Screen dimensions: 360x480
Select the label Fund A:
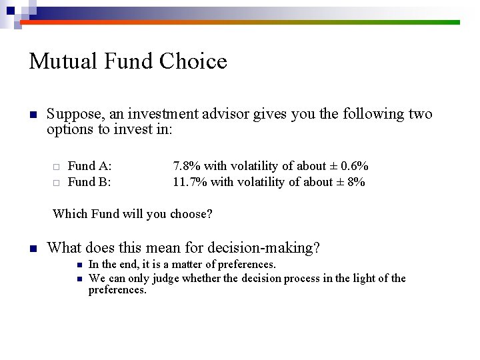[90, 166]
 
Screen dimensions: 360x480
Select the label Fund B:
[89, 181]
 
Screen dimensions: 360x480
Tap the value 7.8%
[187, 166]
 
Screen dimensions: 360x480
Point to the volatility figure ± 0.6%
[352, 166]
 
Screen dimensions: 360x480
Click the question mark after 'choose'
[209, 214]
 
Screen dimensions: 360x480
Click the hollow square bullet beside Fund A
[57, 167]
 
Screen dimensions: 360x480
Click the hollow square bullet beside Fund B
[57, 182]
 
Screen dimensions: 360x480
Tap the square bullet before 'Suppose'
[32, 115]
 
